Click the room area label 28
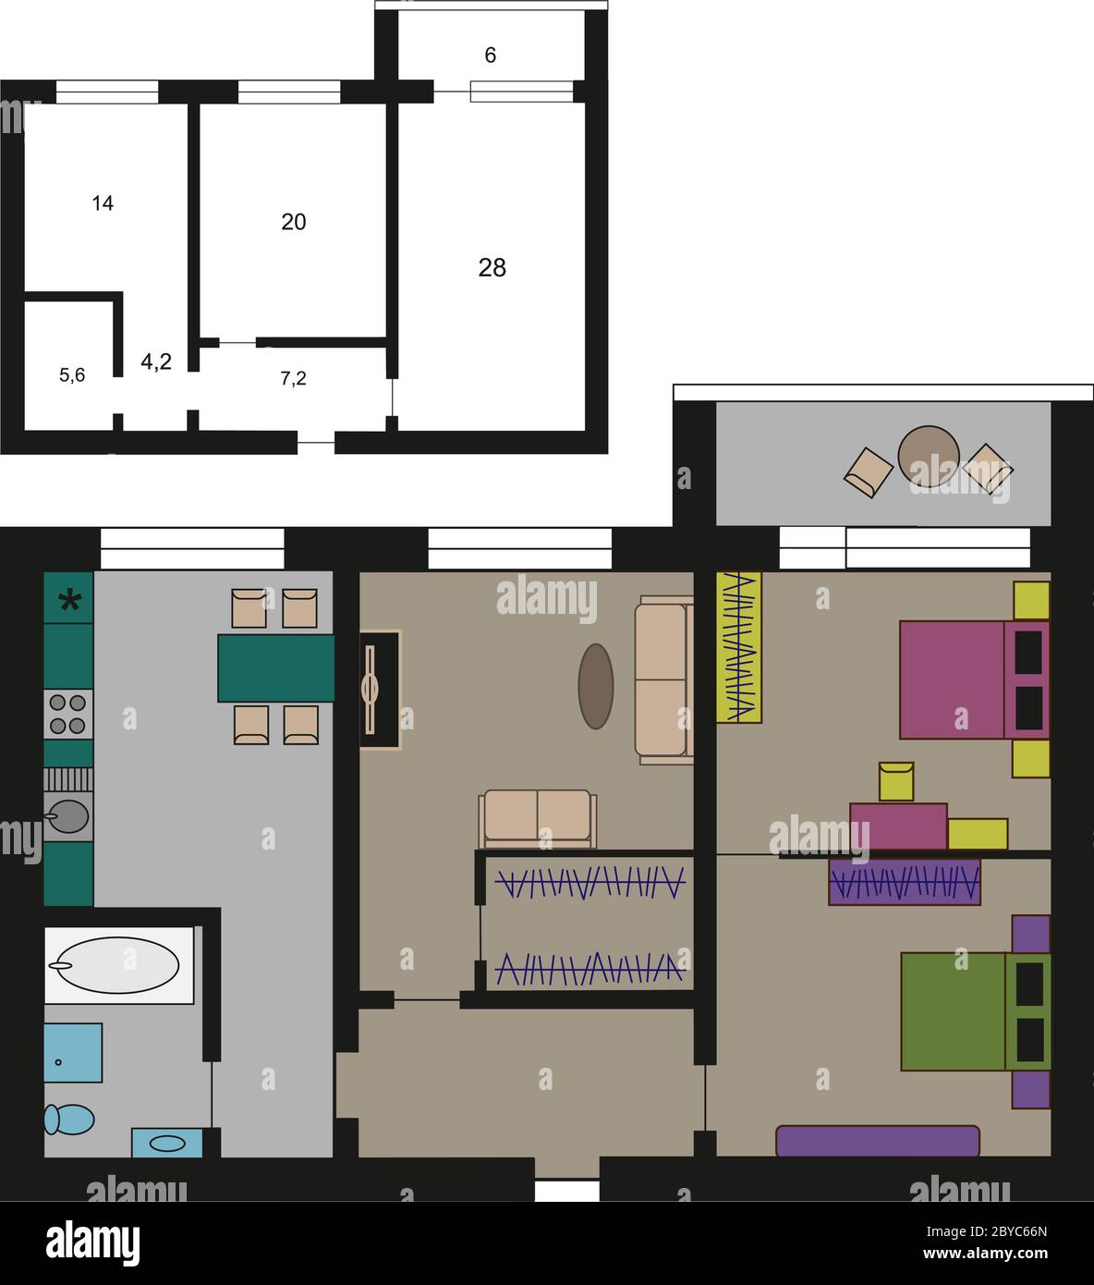(492, 268)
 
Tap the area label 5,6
(72, 375)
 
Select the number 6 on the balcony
(490, 55)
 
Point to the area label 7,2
(293, 378)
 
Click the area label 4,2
(156, 361)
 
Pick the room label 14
(103, 203)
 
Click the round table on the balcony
(928, 457)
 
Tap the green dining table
(276, 668)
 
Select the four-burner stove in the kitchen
(68, 715)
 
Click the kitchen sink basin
(68, 815)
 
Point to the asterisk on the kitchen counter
(69, 601)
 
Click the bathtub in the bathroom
(118, 965)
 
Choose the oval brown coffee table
(596, 686)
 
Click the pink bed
(974, 679)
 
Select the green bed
(976, 1011)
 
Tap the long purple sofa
(878, 1141)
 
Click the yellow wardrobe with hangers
(739, 647)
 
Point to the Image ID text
(987, 1231)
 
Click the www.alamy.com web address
(985, 1254)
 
